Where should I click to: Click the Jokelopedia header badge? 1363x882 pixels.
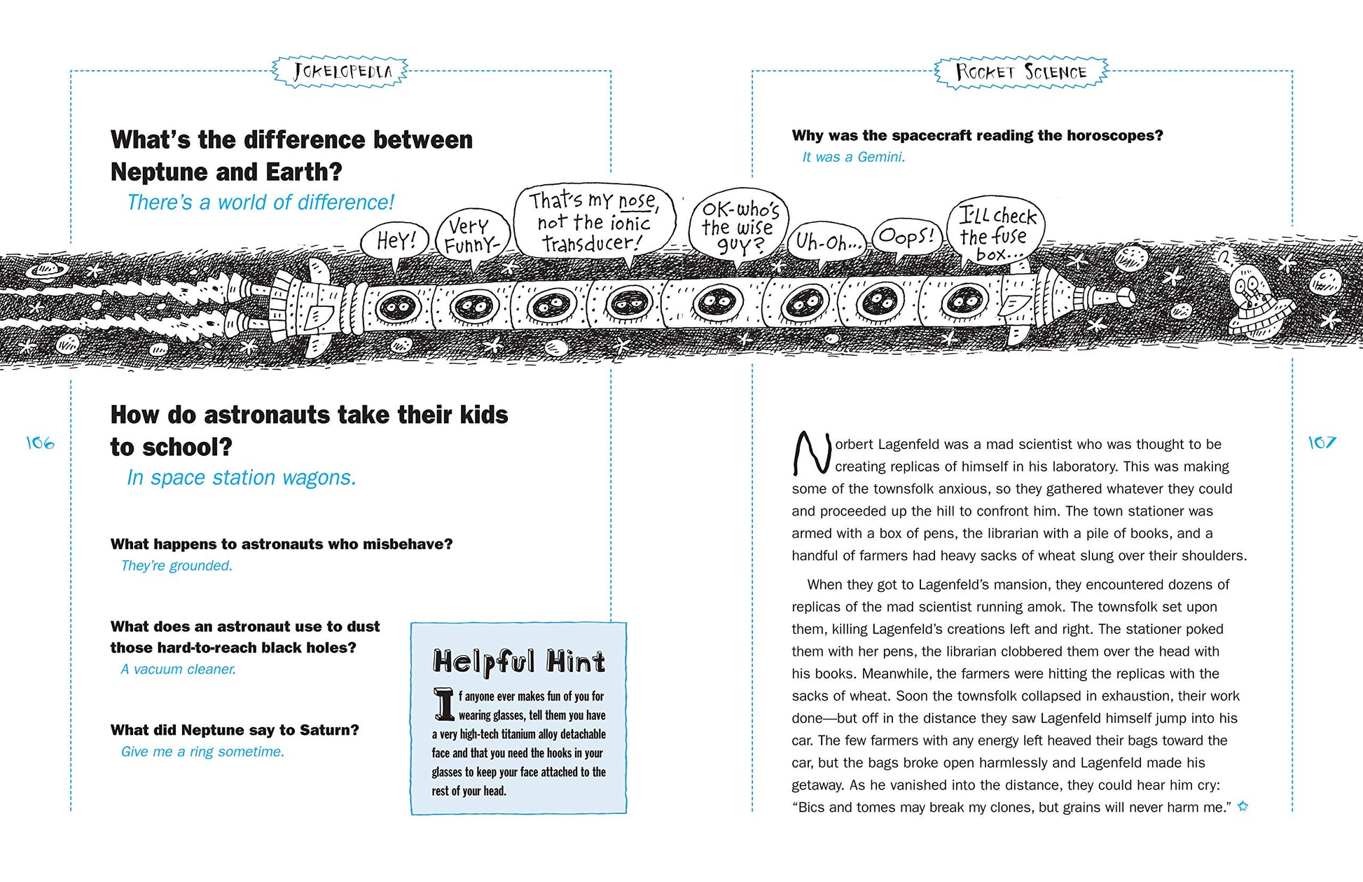(340, 71)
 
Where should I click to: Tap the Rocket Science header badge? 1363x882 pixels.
(1020, 72)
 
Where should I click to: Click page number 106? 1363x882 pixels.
(40, 443)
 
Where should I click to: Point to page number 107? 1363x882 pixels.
(1322, 443)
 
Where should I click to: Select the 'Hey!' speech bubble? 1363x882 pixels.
(396, 242)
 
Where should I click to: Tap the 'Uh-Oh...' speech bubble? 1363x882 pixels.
(828, 243)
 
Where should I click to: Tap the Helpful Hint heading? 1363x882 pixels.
(518, 661)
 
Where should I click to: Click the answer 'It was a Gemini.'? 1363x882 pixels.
(853, 157)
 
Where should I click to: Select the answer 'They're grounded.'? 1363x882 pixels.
(177, 565)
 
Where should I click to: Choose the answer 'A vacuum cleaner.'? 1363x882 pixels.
(178, 669)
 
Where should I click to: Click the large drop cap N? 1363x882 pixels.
(811, 453)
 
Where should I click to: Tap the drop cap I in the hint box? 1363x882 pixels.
(443, 704)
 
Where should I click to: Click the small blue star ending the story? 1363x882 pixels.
(1243, 806)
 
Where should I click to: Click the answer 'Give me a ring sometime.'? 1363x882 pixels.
(202, 752)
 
